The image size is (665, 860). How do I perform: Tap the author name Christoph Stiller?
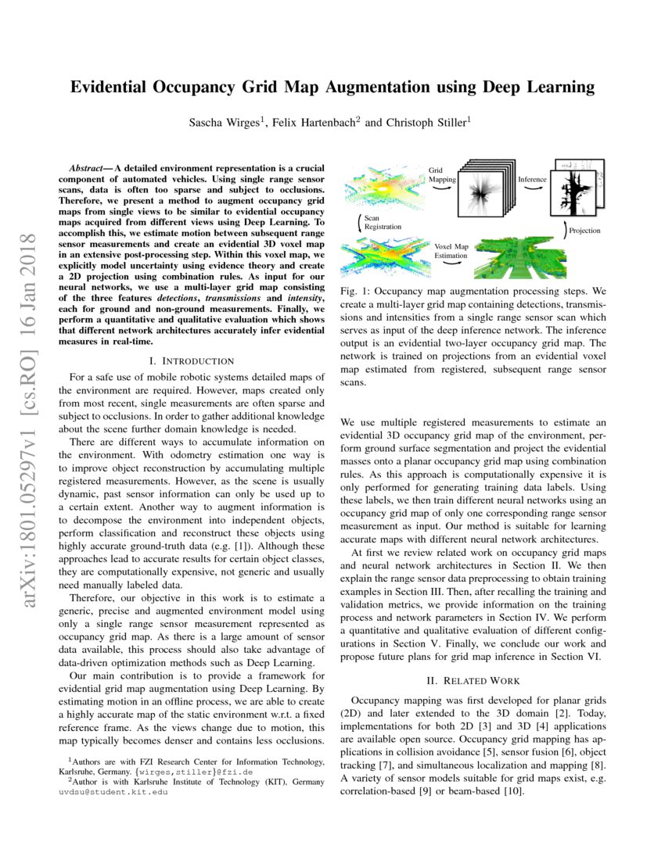(428, 122)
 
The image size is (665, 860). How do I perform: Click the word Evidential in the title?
(116, 87)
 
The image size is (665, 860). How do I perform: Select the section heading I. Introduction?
(191, 360)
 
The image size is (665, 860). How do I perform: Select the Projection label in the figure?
(584, 231)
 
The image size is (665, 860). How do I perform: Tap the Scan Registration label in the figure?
(382, 223)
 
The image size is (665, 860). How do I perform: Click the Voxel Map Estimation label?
(451, 250)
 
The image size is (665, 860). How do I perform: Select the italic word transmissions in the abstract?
(237, 299)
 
